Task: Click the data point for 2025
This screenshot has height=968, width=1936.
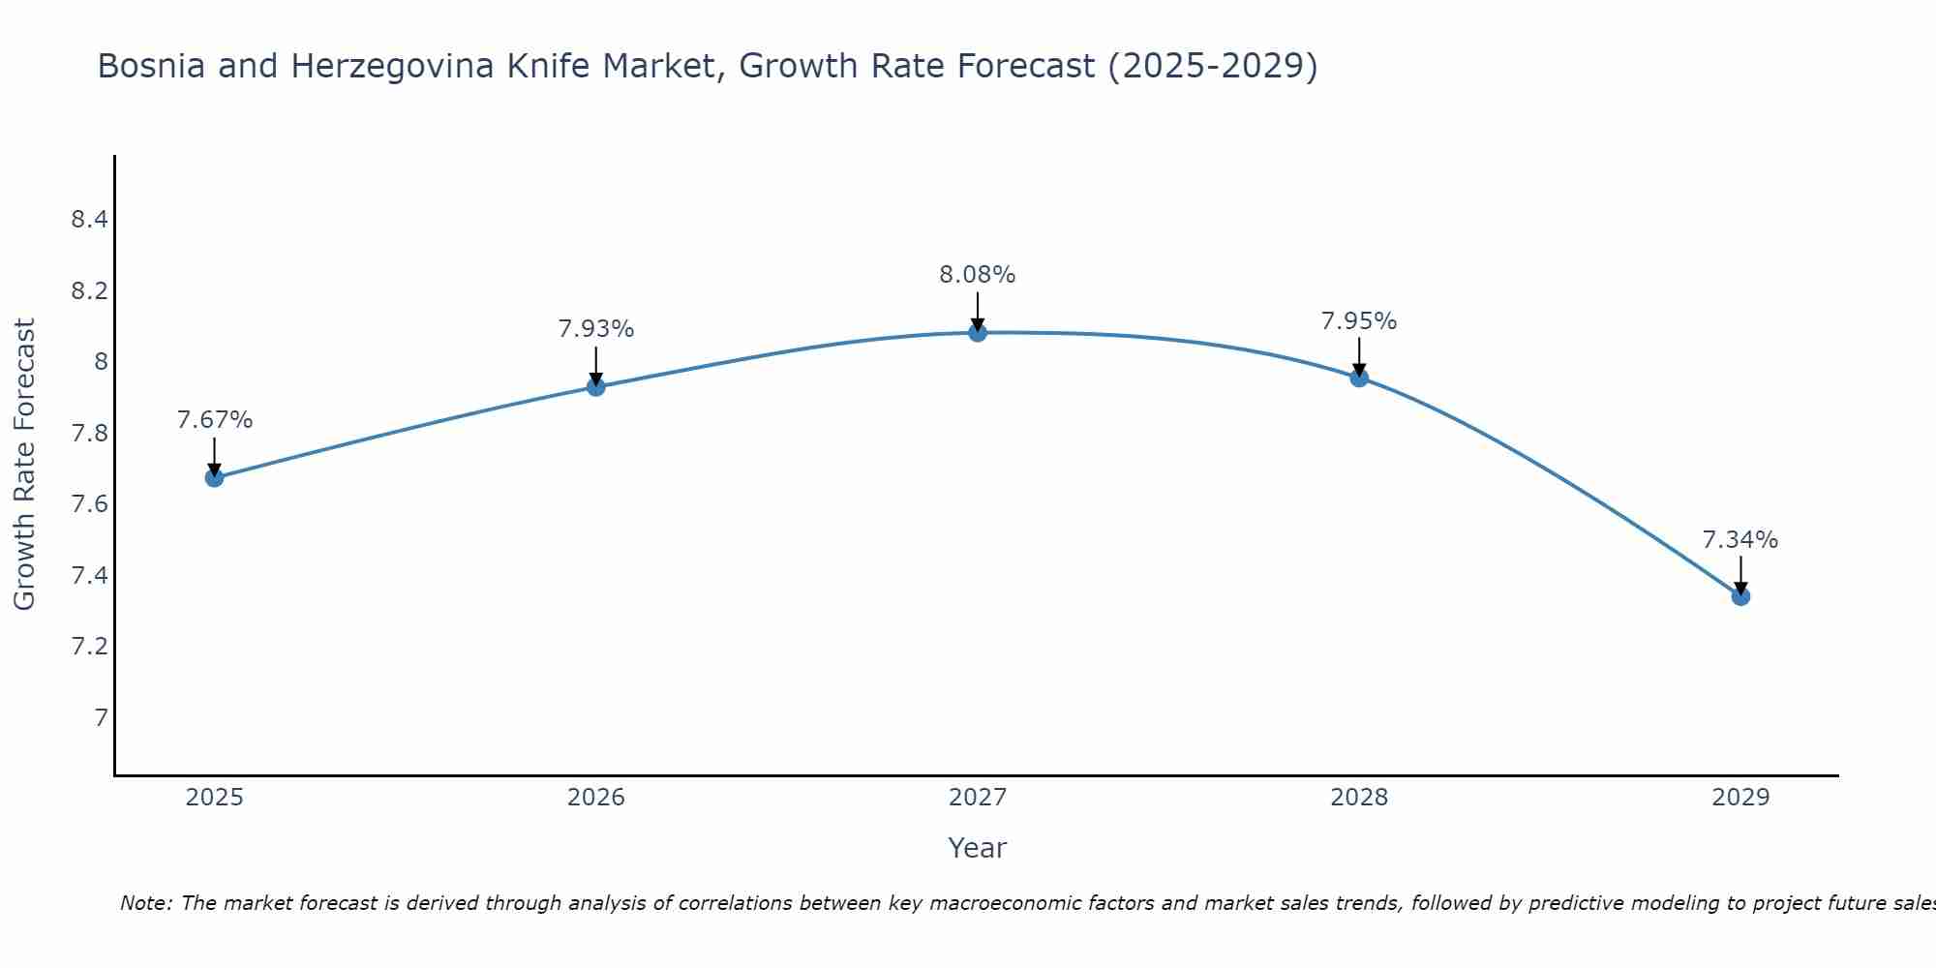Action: pyautogui.click(x=214, y=477)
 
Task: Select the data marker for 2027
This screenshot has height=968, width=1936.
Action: pyautogui.click(x=978, y=333)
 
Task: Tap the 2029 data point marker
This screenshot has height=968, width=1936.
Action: pyautogui.click(x=1740, y=596)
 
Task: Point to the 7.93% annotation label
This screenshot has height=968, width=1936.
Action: pyautogui.click(x=595, y=329)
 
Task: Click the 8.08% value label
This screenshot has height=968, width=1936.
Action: pyautogui.click(x=977, y=275)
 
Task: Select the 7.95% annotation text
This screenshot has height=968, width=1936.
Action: pyautogui.click(x=1358, y=321)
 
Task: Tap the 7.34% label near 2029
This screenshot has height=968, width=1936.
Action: pyautogui.click(x=1739, y=540)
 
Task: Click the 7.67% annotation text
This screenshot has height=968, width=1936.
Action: pyautogui.click(x=214, y=420)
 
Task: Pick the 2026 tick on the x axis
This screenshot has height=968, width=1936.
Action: pyautogui.click(x=595, y=798)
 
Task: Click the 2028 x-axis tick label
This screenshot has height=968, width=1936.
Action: pyautogui.click(x=1358, y=798)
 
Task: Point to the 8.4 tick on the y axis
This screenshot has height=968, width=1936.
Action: pyautogui.click(x=89, y=220)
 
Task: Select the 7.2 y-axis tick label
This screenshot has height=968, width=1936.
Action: pyautogui.click(x=89, y=647)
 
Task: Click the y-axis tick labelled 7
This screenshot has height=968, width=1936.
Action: pyautogui.click(x=101, y=718)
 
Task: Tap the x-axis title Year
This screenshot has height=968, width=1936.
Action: pyautogui.click(x=977, y=848)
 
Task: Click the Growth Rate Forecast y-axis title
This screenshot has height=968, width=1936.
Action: pyautogui.click(x=24, y=464)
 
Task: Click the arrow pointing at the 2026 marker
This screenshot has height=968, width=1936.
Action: pyautogui.click(x=595, y=366)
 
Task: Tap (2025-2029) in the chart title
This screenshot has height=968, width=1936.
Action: pyautogui.click(x=1212, y=66)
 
